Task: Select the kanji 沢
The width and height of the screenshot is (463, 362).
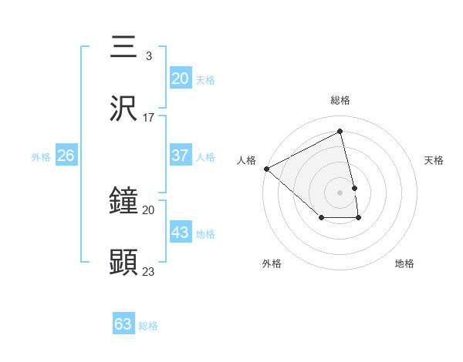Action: (x=123, y=109)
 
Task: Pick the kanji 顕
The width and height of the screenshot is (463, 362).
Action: (x=123, y=263)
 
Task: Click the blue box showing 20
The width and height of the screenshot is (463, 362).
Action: (x=180, y=78)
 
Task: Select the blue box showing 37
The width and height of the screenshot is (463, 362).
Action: (x=180, y=156)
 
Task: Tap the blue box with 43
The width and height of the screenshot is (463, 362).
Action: (x=180, y=233)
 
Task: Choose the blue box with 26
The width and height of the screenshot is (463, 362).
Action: (x=66, y=156)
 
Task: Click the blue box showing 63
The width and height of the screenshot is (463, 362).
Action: (x=123, y=324)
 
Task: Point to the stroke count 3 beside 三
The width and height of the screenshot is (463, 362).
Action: (x=149, y=55)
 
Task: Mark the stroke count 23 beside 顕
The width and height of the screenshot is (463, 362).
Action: (x=149, y=271)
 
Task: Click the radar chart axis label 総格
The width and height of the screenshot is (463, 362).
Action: (x=340, y=100)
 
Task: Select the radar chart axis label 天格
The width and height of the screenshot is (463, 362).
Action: (x=434, y=160)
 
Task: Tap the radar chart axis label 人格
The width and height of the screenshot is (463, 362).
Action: (x=247, y=160)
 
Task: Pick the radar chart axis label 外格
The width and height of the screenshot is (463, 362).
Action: (x=272, y=263)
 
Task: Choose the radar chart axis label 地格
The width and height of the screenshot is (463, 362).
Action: (x=404, y=263)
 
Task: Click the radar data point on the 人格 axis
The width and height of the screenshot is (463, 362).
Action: (x=266, y=169)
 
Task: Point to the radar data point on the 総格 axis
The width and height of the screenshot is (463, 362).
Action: (x=340, y=132)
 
